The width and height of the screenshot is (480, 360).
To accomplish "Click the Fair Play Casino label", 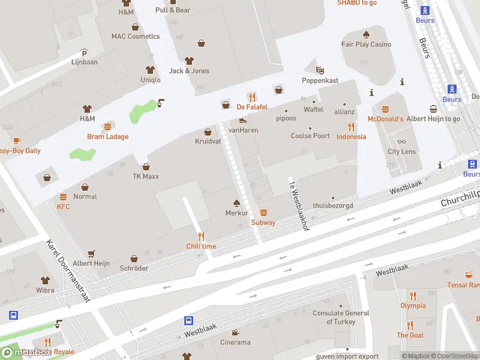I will [x=366, y=44].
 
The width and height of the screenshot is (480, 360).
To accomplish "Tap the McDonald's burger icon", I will [x=385, y=109].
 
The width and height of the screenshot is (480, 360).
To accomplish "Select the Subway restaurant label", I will [x=263, y=223].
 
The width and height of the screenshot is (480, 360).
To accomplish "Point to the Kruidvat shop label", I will [x=208, y=142].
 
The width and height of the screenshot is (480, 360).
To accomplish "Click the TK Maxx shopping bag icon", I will [x=146, y=167].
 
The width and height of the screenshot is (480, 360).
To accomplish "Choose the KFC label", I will [x=64, y=206].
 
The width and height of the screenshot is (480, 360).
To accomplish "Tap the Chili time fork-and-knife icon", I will [x=201, y=236].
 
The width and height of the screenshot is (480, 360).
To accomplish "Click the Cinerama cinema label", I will [x=235, y=343].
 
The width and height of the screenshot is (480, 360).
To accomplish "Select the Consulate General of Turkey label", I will [x=341, y=317].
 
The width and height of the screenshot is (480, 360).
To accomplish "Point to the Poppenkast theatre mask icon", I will [x=320, y=70].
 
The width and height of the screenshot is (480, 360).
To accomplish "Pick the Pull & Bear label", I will [x=173, y=10].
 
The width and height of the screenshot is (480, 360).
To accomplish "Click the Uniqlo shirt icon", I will [x=151, y=70].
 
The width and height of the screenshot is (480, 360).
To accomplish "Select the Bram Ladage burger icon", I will [x=108, y=127].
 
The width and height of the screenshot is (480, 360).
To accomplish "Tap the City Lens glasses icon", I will [x=401, y=142].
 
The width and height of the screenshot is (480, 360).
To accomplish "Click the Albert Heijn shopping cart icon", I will [x=91, y=254].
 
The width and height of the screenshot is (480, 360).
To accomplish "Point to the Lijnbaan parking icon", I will [x=84, y=52].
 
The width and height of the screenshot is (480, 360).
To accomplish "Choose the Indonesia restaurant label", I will [x=351, y=136].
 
